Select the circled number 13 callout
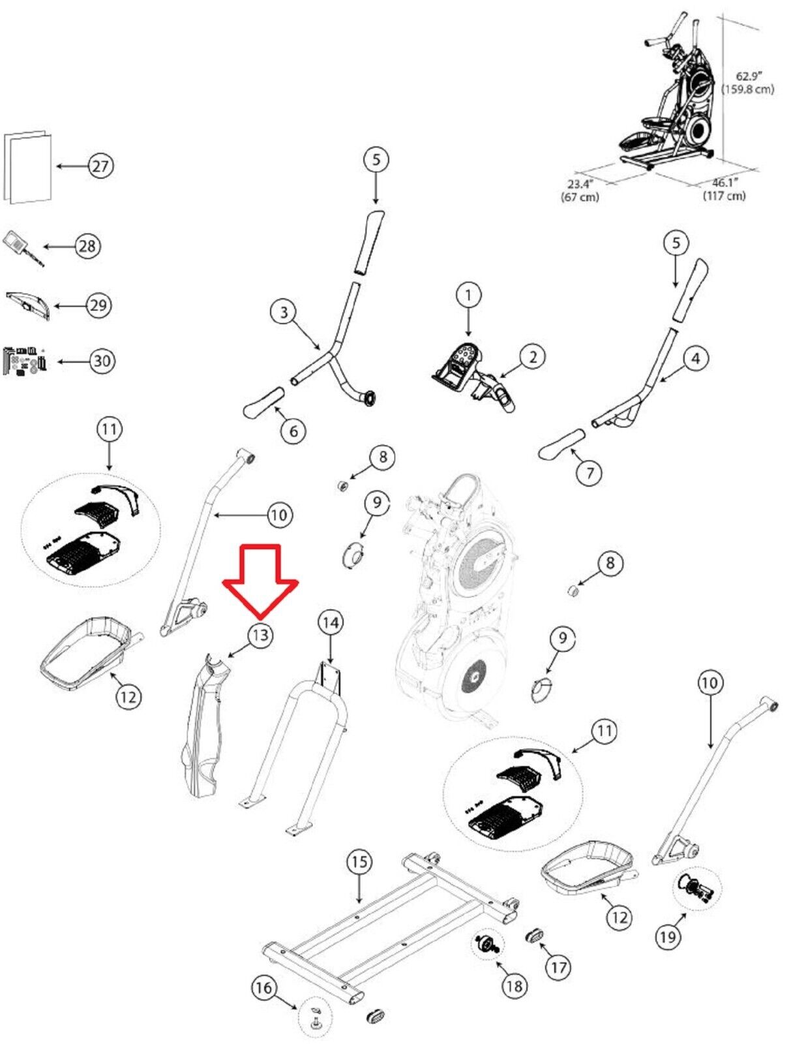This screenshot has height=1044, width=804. coord(260,635)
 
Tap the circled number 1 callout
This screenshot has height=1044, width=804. coord(468,295)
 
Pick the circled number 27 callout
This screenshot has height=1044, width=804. coord(100,166)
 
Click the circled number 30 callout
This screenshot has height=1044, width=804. coord(102,361)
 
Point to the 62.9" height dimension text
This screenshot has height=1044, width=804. coord(748,83)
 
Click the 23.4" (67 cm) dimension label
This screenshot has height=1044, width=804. coord(580,190)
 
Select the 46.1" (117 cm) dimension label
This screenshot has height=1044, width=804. coord(724,189)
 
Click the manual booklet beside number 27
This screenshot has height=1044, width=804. coord(28,167)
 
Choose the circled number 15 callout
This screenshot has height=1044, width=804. coord(359,862)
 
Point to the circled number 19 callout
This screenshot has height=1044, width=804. coord(667,937)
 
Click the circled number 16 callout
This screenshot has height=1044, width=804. coord(263,988)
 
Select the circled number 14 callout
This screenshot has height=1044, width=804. coord(331,622)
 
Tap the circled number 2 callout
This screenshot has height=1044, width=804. coord(533,357)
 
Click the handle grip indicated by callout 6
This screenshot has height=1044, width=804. coord(264,404)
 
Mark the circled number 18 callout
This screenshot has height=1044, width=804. coord(514,985)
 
